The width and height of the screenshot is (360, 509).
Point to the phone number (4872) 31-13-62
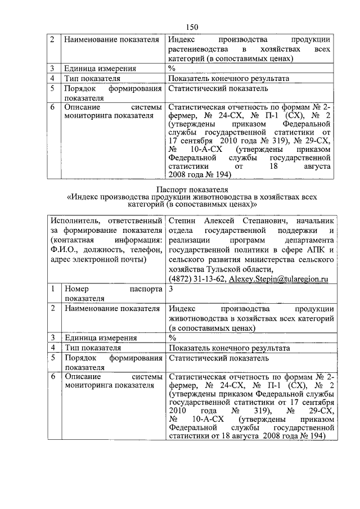click(x=197, y=278)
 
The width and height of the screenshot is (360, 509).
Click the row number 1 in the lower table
click(x=52, y=289)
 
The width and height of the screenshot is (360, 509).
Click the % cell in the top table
click(x=172, y=69)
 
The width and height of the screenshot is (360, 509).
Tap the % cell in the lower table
click(x=172, y=338)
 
